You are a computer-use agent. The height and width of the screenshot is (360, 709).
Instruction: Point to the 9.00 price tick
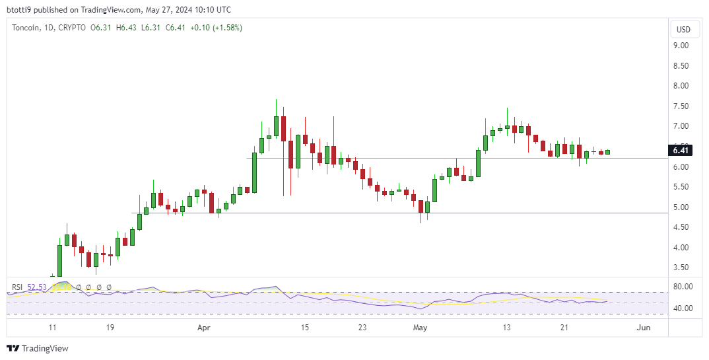[681, 46]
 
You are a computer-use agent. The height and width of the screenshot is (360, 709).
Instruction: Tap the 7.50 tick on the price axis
[681, 106]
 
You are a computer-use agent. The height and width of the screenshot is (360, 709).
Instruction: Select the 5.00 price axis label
[681, 207]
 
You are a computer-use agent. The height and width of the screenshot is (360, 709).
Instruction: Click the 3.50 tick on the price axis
[681, 268]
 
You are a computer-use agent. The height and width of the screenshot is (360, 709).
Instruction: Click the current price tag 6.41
[681, 151]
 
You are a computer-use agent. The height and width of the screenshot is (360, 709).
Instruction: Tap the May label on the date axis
[420, 327]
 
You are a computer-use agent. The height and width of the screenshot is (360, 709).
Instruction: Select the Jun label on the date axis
[643, 327]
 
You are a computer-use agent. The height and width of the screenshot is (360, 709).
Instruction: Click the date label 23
[362, 327]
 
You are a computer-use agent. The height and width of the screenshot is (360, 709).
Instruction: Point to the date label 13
[506, 327]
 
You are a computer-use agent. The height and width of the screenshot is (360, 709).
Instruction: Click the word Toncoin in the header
[26, 28]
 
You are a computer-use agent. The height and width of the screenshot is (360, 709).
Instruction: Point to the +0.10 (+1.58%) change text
[215, 28]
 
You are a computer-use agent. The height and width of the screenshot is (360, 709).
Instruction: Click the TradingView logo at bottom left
[38, 348]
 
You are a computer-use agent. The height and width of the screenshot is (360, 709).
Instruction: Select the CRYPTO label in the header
[72, 28]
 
